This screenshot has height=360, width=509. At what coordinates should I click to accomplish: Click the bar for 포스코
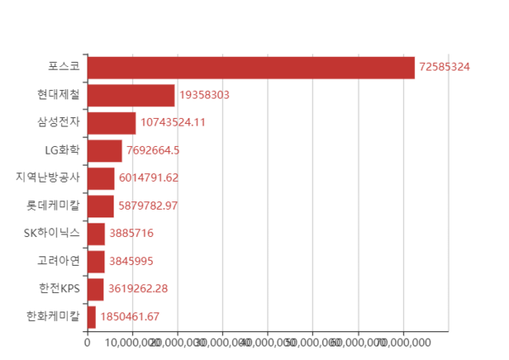click(251, 67)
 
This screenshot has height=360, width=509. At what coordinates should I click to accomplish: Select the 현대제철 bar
click(131, 95)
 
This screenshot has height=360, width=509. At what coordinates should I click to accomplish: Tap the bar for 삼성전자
click(111, 122)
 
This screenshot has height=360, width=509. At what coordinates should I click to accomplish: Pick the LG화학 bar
click(104, 150)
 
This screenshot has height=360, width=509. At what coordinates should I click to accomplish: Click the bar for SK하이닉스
click(96, 233)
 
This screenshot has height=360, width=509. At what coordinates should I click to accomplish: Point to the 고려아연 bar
click(96, 261)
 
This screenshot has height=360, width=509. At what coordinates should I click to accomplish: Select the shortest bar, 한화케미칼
click(92, 317)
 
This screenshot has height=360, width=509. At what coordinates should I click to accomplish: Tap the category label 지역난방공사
click(48, 177)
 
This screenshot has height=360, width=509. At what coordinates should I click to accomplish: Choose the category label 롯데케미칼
click(53, 205)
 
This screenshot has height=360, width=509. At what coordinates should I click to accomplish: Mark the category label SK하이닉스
click(53, 233)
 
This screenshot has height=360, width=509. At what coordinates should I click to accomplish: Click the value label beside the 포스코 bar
click(445, 67)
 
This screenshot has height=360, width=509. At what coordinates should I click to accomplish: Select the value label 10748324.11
click(173, 122)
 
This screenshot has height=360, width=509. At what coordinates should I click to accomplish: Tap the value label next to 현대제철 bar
click(204, 95)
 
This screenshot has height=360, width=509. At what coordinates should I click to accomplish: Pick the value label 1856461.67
click(130, 317)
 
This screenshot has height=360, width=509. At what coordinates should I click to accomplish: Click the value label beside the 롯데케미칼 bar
click(148, 205)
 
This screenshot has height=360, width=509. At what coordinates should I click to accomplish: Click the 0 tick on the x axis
click(87, 342)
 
